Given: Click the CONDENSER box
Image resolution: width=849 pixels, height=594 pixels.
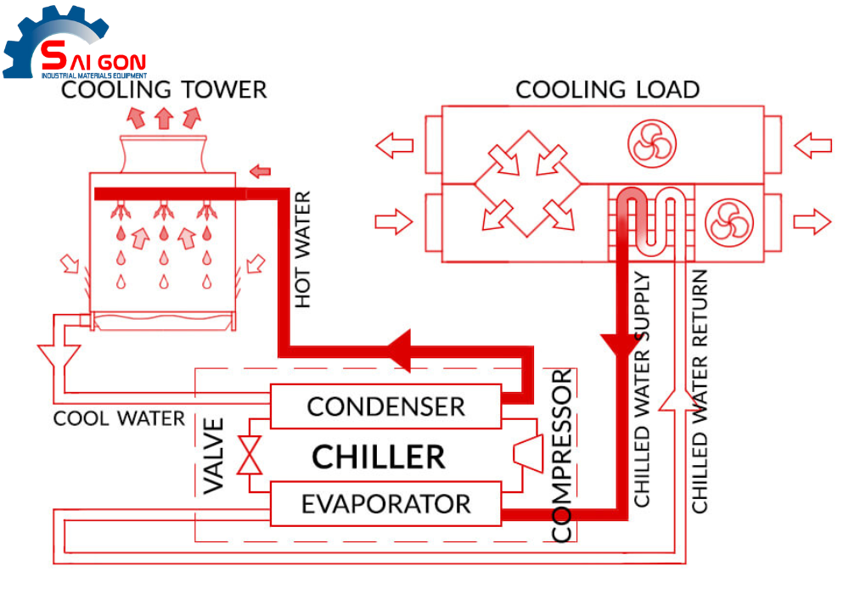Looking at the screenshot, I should [x=385, y=406].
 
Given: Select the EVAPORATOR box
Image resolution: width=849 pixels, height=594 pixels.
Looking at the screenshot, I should [x=385, y=503].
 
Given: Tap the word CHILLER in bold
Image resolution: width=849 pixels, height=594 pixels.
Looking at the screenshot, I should [x=378, y=457].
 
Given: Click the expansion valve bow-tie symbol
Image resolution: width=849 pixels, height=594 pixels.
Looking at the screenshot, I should [x=250, y=455].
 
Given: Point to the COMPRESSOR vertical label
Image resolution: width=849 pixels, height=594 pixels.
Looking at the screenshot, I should [x=562, y=456].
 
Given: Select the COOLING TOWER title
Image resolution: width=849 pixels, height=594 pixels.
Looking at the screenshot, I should [x=164, y=88].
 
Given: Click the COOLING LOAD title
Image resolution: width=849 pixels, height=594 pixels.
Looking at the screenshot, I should [x=608, y=89].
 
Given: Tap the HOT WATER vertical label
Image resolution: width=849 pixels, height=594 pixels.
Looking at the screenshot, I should [x=302, y=250].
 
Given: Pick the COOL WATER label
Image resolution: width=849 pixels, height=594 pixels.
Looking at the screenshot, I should [x=119, y=418].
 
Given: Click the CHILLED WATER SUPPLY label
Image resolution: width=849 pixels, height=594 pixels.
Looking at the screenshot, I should [x=642, y=389].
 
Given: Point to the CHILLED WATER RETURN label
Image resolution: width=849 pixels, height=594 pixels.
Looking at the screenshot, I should [x=700, y=391].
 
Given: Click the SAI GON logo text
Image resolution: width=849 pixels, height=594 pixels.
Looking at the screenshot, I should [x=93, y=61].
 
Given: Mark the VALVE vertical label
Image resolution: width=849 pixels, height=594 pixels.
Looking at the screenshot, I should [x=215, y=456].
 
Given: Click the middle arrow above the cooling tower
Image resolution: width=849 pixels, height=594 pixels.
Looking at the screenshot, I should [x=163, y=118].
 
